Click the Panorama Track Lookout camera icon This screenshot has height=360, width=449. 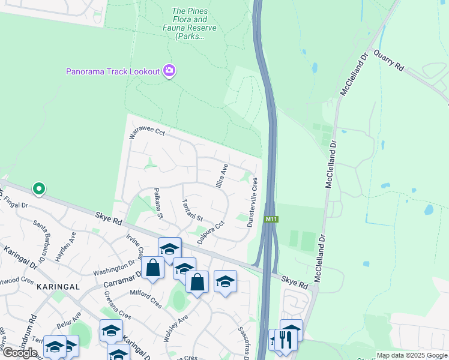pos(169,71)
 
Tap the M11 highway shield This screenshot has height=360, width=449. pos(271,220)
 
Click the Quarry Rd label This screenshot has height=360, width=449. pos(388,61)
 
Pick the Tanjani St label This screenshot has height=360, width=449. pos(193,209)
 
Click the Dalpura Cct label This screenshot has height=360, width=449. pos(211,232)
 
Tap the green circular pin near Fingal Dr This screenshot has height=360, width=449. pos(39,189)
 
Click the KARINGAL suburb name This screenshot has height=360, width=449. pos(58,287)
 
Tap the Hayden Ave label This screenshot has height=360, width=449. pos(64,247)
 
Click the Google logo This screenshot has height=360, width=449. pos(20,353)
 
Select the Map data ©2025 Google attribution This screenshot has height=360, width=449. pos(411,355)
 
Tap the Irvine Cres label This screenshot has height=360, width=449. pos(134,248)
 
